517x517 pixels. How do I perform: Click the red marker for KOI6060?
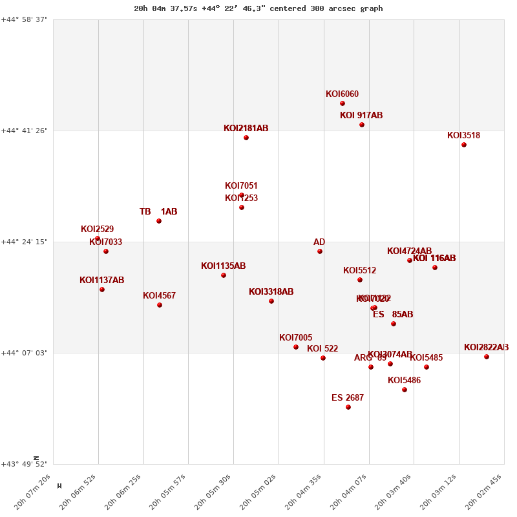[x=343, y=103]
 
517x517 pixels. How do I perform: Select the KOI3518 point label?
[x=463, y=136]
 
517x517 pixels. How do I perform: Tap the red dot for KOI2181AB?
[x=246, y=138]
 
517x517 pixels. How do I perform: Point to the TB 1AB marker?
[x=159, y=221]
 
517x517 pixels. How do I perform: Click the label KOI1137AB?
[x=101, y=280]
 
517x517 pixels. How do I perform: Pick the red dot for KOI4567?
[x=160, y=305]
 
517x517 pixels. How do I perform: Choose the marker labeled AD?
[x=320, y=251]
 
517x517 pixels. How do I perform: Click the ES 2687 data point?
[x=348, y=407]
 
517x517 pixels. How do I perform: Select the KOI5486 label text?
[x=404, y=381]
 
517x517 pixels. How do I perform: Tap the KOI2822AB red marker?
[x=487, y=357]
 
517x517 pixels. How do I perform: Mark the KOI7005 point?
[x=296, y=347]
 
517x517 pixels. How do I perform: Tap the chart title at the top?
[x=258, y=8]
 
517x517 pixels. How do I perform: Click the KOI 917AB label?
[x=361, y=116]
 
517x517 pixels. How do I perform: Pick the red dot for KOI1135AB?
[x=224, y=275]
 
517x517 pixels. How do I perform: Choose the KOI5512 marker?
[x=360, y=280]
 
